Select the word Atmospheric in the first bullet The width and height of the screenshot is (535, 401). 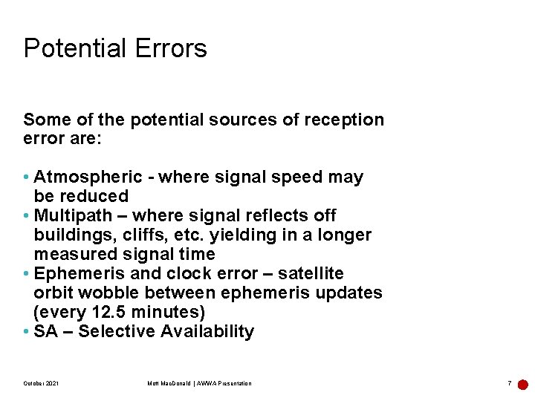88,177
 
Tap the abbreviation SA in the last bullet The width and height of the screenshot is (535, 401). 45,332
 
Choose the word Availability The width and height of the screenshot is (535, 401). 204,332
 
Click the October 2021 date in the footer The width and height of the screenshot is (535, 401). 42,383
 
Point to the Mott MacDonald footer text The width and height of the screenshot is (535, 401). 199,383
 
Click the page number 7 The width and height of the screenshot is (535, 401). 509,383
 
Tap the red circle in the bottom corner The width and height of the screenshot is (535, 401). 523,385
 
